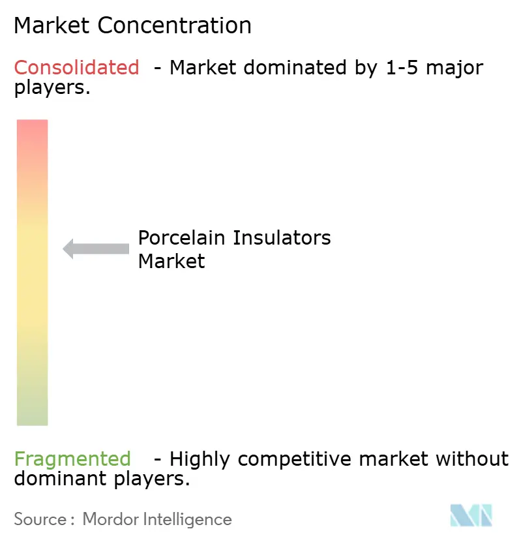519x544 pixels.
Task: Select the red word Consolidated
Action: coord(76,67)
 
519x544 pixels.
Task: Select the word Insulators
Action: coord(282,237)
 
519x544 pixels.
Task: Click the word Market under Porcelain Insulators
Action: coord(171,261)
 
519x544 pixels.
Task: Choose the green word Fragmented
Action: coord(72,459)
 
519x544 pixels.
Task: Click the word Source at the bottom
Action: coord(40,519)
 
